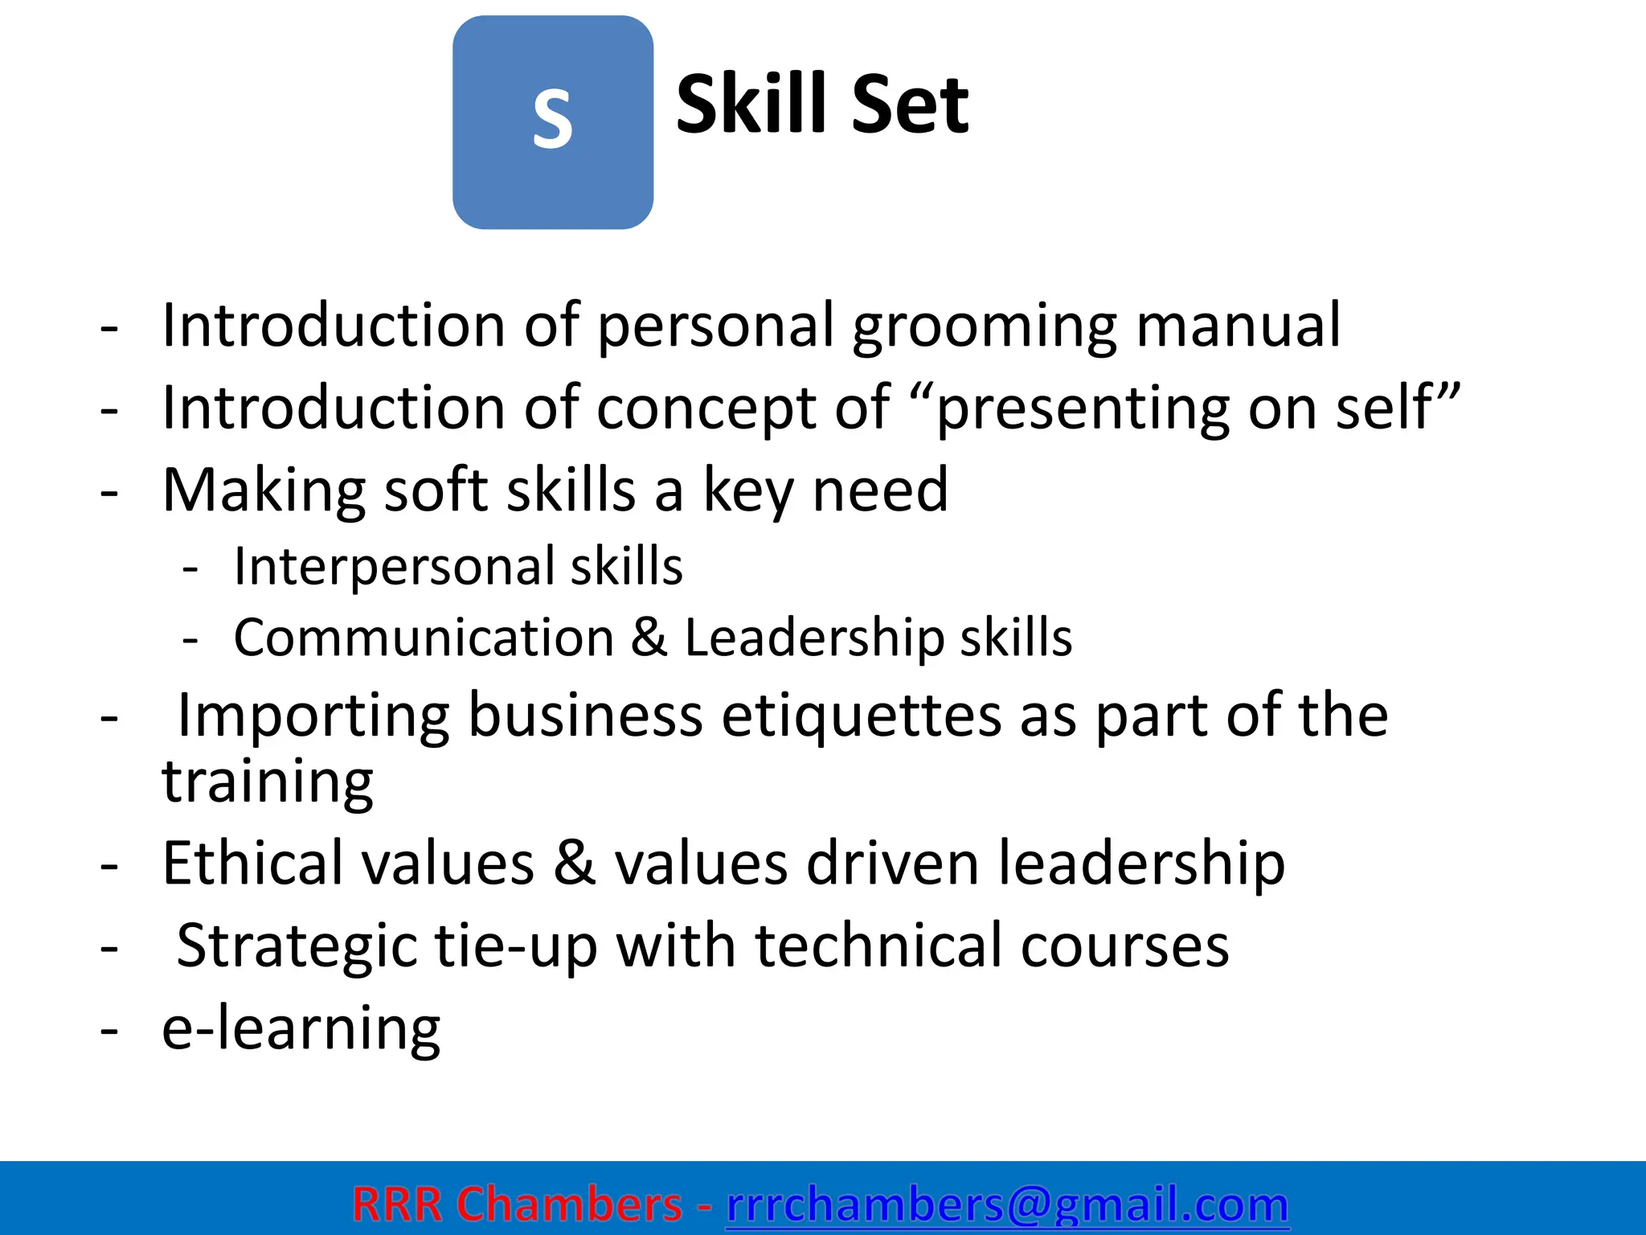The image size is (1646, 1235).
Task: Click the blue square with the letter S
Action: (553, 122)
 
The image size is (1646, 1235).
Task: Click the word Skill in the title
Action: (751, 105)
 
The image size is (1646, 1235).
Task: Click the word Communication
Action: (424, 638)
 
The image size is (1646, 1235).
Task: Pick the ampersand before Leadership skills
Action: (649, 638)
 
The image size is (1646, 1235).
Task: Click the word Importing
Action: (313, 716)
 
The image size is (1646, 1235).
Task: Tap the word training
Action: (268, 782)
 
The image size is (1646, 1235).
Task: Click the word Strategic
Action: (297, 946)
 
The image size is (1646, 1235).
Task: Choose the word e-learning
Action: (301, 1029)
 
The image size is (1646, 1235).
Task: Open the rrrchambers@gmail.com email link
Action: (1007, 1204)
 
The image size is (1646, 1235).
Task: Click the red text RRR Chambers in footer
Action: (517, 1204)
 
